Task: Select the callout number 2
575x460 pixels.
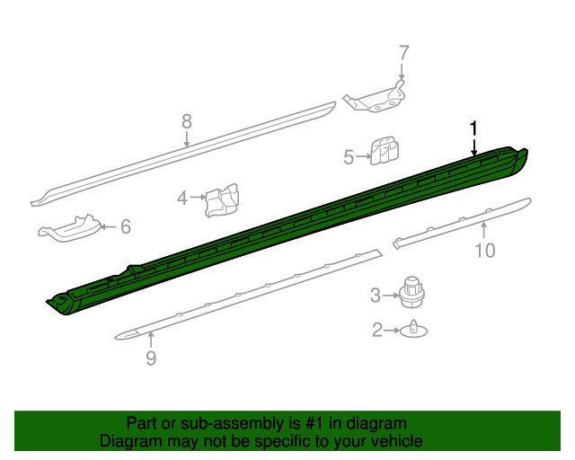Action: point(377,331)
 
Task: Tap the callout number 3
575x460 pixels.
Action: point(376,294)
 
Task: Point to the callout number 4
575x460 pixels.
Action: point(182,198)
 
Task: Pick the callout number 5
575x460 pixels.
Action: point(349,157)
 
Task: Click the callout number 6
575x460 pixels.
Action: point(125,227)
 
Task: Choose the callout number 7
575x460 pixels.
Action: point(403,52)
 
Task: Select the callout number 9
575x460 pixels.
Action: point(151,359)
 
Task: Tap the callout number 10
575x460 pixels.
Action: point(484,251)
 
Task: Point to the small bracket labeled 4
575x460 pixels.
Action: point(222,200)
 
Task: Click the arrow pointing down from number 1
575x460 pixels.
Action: point(473,146)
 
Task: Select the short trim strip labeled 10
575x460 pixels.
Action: point(463,221)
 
